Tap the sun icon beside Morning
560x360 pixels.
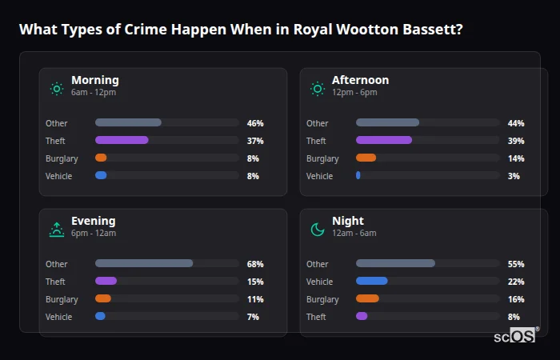pos(56,88)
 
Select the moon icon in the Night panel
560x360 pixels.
pos(318,230)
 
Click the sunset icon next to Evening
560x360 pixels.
pos(56,230)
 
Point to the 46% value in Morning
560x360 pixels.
pos(255,123)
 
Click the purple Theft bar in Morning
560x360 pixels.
pos(122,140)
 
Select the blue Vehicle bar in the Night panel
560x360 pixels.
pos(372,281)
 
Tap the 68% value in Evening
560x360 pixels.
pos(255,264)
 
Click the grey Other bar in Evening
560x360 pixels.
pos(144,263)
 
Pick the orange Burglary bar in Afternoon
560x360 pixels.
pos(366,158)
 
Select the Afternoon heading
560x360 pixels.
pos(360,80)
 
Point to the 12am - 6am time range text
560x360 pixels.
pos(354,234)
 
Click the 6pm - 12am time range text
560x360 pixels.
pos(94,234)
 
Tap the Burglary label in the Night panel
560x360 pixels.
pos(322,299)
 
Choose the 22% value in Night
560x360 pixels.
pos(516,282)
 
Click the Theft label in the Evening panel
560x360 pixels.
pos(55,282)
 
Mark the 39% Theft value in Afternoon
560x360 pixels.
pos(516,141)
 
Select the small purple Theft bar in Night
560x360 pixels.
pos(362,316)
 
